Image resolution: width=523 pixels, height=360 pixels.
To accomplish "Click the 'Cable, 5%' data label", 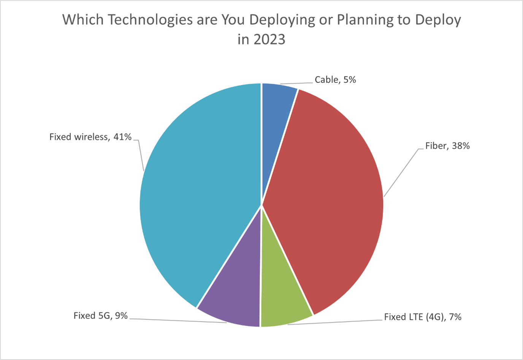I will tap(335, 80).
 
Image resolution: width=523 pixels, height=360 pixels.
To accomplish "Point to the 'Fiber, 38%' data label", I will tap(447, 146).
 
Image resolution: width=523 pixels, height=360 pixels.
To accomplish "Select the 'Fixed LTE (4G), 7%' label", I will tap(423, 317).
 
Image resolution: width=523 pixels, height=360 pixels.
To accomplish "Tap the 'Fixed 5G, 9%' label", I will tap(100, 316).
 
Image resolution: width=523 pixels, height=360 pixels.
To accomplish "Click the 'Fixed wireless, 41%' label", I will tap(90, 137).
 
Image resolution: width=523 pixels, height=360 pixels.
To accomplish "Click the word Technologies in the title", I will tap(150, 20).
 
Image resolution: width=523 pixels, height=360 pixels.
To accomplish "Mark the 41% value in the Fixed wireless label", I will tap(122, 137).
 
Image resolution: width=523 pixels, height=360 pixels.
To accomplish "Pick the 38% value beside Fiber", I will tap(461, 146).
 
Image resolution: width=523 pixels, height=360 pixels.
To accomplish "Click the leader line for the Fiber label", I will tap(401, 173).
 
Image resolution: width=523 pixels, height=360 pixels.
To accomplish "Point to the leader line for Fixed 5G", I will tap(179, 321).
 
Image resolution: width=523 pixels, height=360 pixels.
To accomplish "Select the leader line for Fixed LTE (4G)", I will tap(334, 322).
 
